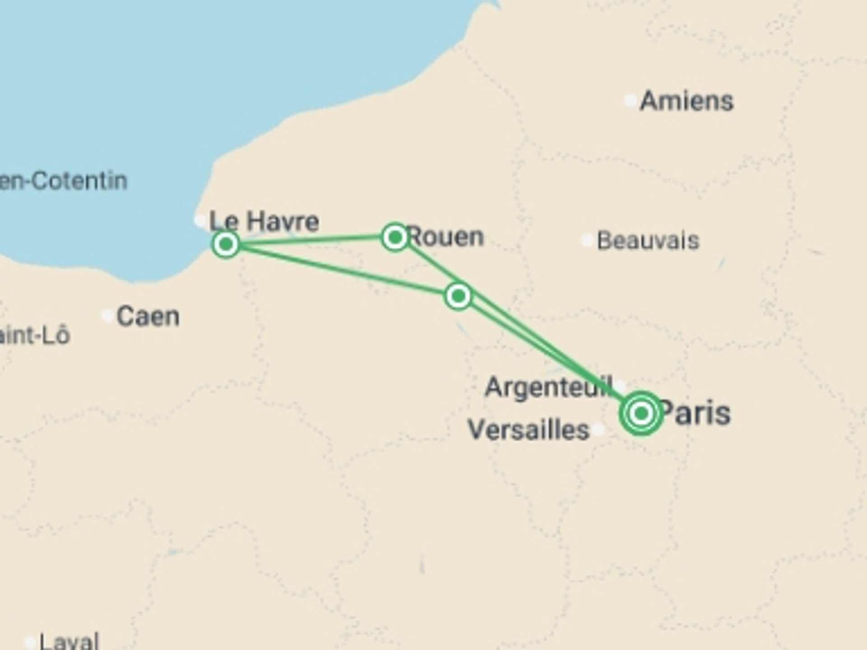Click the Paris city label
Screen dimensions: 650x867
click(696, 413)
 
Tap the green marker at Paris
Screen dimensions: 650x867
click(641, 413)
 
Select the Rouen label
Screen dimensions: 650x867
click(446, 237)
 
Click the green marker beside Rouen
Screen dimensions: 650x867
click(395, 237)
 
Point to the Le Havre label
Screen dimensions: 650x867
click(264, 221)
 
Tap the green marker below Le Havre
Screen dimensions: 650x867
click(226, 244)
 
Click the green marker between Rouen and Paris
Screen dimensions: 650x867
click(458, 296)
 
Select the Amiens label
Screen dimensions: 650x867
click(687, 100)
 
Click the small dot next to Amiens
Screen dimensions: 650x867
click(630, 100)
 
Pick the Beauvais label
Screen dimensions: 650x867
click(648, 240)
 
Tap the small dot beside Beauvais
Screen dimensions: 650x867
click(587, 240)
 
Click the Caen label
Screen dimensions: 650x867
click(148, 316)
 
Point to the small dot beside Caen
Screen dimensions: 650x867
click(107, 315)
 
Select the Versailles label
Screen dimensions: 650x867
click(529, 429)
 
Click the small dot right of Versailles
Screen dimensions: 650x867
click(599, 429)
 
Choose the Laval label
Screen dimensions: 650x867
click(69, 641)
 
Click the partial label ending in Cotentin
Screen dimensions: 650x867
click(63, 181)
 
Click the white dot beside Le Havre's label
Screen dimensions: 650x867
click(200, 220)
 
